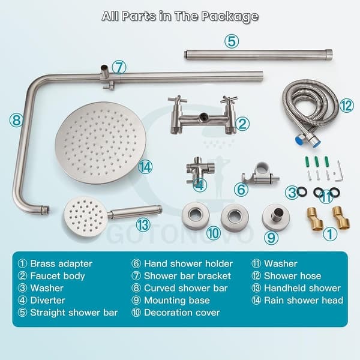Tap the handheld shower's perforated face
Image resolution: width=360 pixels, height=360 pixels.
85,217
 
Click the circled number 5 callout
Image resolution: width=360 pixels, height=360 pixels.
232,41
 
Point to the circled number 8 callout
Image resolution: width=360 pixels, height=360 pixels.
16,120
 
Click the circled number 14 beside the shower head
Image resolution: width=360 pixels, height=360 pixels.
145,167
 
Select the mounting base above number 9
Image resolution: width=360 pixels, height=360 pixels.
275,217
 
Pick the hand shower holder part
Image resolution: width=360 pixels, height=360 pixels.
257,175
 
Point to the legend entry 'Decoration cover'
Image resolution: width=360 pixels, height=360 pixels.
182,312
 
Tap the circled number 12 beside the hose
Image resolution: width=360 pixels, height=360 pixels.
346,106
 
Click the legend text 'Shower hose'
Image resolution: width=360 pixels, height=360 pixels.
292,276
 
